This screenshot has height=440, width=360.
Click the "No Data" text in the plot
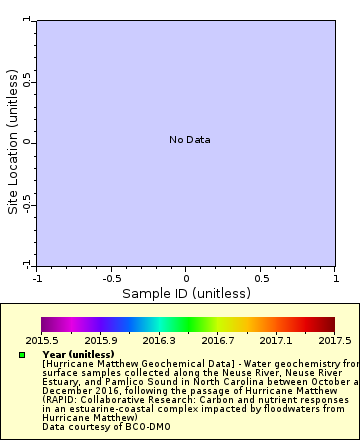(189, 140)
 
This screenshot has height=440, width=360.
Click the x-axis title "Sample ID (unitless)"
(186, 293)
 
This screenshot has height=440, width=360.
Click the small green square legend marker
(22, 355)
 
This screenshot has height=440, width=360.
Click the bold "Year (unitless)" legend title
(78, 354)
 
